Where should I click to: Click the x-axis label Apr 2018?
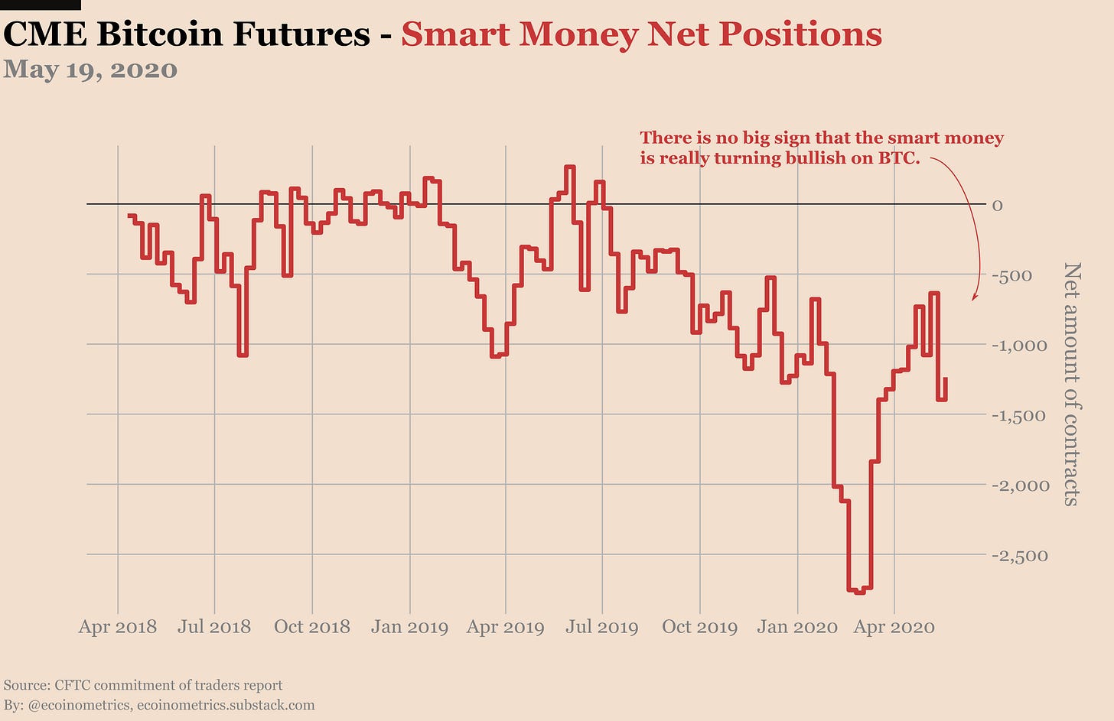(x=117, y=628)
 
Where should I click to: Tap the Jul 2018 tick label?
(x=214, y=628)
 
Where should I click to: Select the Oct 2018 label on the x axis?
(x=311, y=628)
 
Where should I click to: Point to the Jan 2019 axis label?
(x=409, y=628)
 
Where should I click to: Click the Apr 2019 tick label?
(x=505, y=628)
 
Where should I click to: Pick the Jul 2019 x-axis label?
(x=601, y=628)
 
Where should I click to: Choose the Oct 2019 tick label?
(x=699, y=628)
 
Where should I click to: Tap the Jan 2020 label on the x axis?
(x=797, y=628)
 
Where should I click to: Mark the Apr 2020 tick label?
(x=894, y=628)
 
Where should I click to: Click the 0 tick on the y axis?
(x=997, y=205)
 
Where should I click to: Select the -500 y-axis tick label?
(x=1011, y=275)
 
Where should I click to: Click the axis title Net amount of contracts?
(x=1072, y=384)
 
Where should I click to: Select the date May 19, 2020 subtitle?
(x=90, y=70)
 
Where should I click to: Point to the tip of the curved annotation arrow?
(x=972, y=300)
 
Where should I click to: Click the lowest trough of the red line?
(x=860, y=591)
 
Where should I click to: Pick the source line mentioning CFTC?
(x=143, y=685)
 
